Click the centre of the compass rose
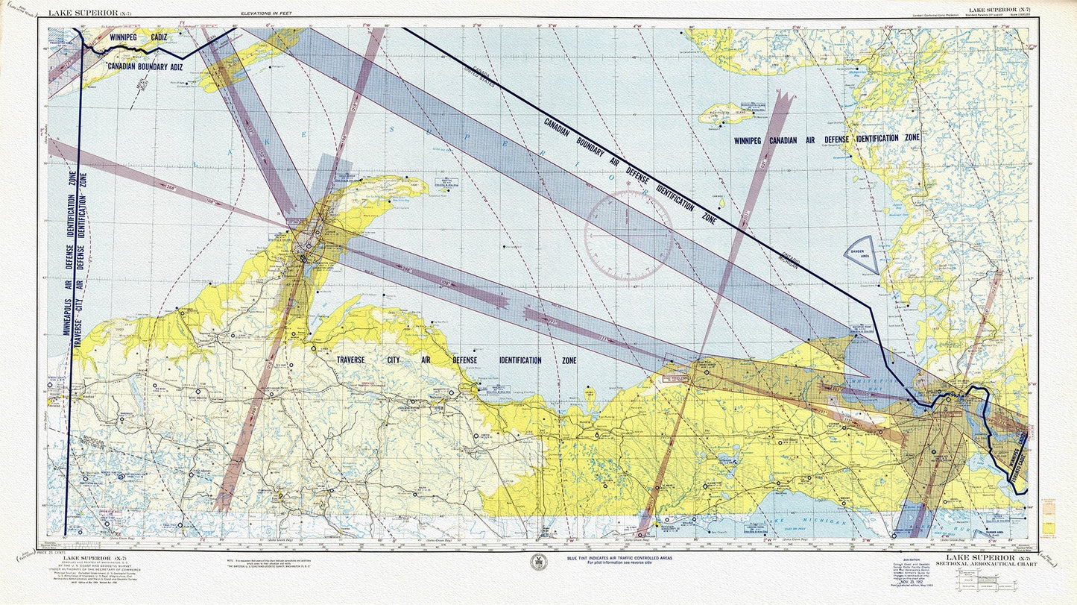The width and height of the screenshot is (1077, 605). click(x=628, y=234)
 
